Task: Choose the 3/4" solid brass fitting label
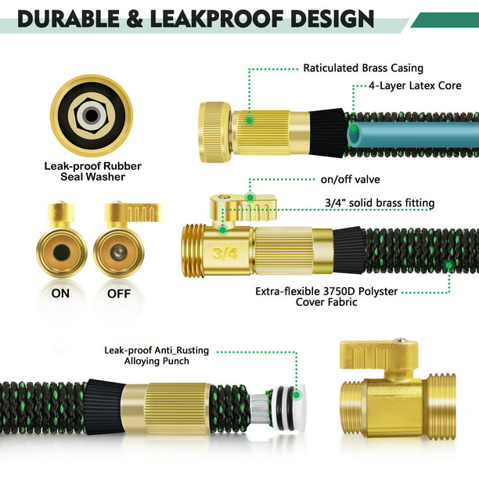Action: [379, 203]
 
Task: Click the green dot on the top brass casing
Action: [249, 121]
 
